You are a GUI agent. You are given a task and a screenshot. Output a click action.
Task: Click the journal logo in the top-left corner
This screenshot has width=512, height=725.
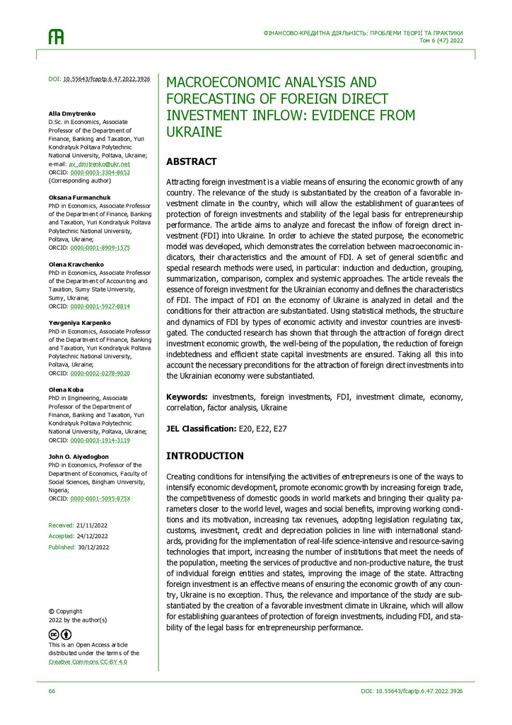coord(56,38)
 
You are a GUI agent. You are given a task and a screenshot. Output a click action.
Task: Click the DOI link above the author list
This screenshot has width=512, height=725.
coord(106,79)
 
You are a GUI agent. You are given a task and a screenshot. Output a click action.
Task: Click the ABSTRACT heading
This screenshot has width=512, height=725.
coord(191,161)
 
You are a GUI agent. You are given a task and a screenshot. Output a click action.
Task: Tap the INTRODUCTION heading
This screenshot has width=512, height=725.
coord(204,456)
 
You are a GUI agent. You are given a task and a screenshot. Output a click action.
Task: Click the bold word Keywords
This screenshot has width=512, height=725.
coord(187,397)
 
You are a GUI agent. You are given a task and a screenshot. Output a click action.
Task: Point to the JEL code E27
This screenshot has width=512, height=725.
coord(279,429)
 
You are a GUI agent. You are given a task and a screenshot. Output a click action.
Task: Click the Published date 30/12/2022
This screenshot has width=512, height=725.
coord(94,547)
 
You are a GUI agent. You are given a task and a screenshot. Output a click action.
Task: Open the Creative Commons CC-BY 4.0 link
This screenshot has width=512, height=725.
coord(94,661)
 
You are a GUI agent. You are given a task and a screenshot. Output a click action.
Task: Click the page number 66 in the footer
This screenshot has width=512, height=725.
coord(52,691)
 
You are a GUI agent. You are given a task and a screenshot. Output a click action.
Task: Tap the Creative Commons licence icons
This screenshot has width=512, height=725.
coord(60,634)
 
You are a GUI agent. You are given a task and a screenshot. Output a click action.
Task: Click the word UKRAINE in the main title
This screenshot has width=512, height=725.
coord(194,132)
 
